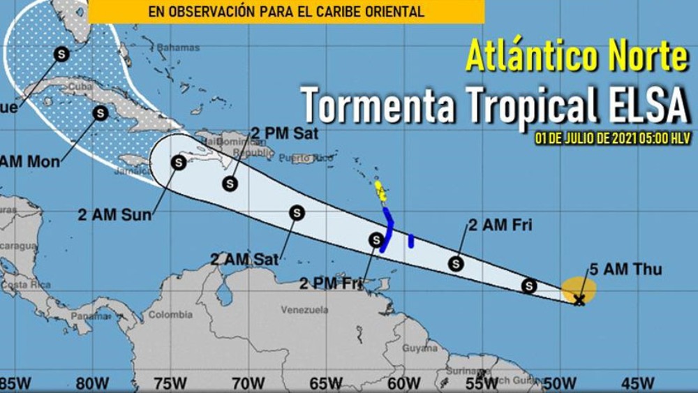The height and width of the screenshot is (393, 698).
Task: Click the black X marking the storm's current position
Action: click(579, 301)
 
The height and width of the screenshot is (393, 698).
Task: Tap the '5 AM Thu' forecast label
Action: click(616, 269)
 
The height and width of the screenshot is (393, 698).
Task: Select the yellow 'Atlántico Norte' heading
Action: click(577, 56)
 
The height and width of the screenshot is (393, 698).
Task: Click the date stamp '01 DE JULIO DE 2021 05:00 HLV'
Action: click(612, 138)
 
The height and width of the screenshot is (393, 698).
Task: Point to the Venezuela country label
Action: click(304, 309)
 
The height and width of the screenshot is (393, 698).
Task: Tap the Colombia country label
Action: click(170, 315)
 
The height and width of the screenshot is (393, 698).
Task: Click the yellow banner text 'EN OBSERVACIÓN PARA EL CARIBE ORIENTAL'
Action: click(286, 11)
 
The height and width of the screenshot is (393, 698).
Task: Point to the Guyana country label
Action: click(420, 347)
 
